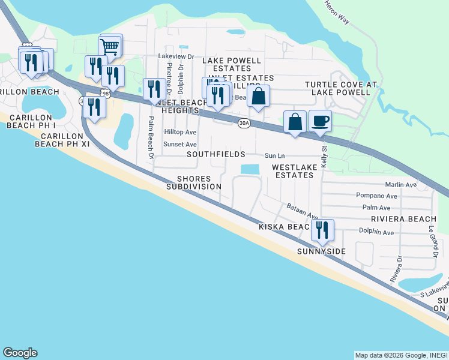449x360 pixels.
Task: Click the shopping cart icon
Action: (x=109, y=47)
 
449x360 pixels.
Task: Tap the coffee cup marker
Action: (x=320, y=121)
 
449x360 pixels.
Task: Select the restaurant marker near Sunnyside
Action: (x=322, y=231)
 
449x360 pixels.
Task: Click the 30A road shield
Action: (x=243, y=123)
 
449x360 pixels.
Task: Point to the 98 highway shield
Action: (x=105, y=94)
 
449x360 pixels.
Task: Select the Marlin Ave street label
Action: (x=402, y=185)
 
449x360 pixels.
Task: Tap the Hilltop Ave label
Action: (x=180, y=132)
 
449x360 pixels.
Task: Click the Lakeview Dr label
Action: (x=176, y=56)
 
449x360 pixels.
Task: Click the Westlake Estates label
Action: (x=293, y=171)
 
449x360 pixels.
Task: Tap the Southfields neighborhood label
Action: (x=215, y=154)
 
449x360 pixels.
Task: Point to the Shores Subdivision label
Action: (x=199, y=182)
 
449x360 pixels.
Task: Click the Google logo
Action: (x=20, y=353)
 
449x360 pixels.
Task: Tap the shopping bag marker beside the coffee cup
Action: (x=295, y=122)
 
